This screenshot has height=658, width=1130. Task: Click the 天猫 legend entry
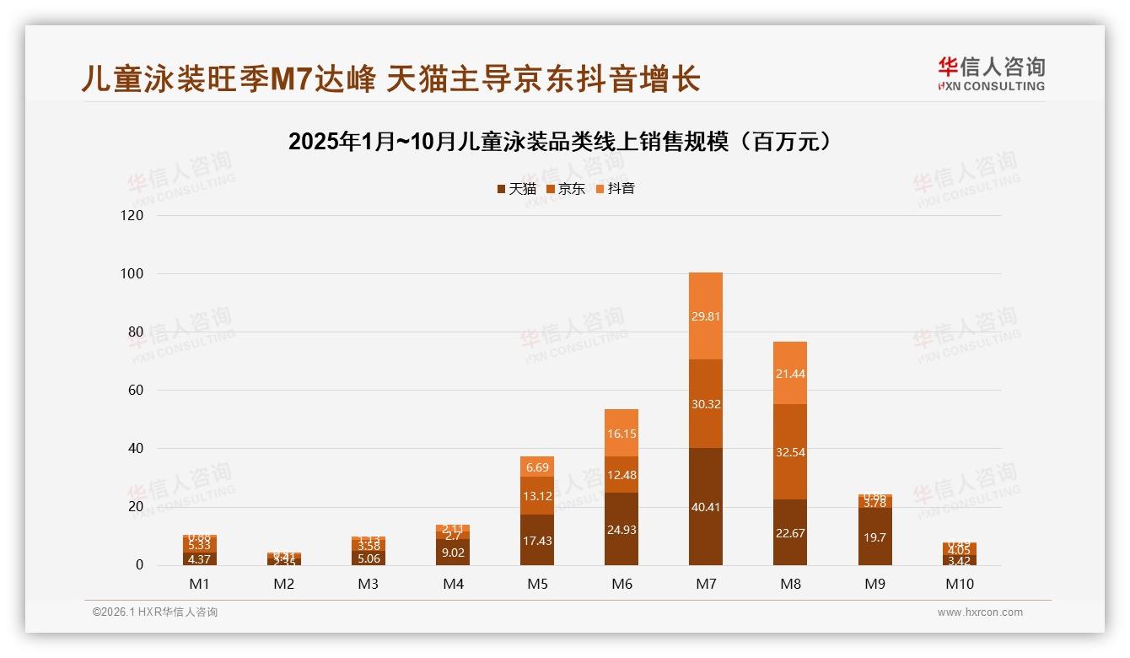tap(516, 189)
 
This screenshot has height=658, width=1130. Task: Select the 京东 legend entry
tap(566, 189)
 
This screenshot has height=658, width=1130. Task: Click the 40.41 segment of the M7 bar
tap(706, 506)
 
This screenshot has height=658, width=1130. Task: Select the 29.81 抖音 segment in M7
tap(706, 316)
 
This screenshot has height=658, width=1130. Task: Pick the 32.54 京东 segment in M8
tap(790, 452)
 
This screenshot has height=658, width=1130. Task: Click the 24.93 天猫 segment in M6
tap(621, 529)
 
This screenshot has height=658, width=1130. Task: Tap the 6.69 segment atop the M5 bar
tap(537, 467)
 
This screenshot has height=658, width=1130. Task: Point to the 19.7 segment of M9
tap(874, 537)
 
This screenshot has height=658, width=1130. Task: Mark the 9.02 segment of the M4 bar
tap(453, 553)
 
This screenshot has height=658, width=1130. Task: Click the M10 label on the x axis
tap(959, 584)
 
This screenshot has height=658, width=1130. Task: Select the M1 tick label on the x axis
tap(200, 584)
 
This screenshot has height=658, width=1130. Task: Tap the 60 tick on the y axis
tap(133, 390)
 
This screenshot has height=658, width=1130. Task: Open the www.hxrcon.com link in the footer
tap(980, 612)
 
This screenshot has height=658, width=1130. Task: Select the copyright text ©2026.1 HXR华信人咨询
tap(155, 612)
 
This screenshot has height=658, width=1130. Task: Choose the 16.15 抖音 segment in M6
tap(621, 433)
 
